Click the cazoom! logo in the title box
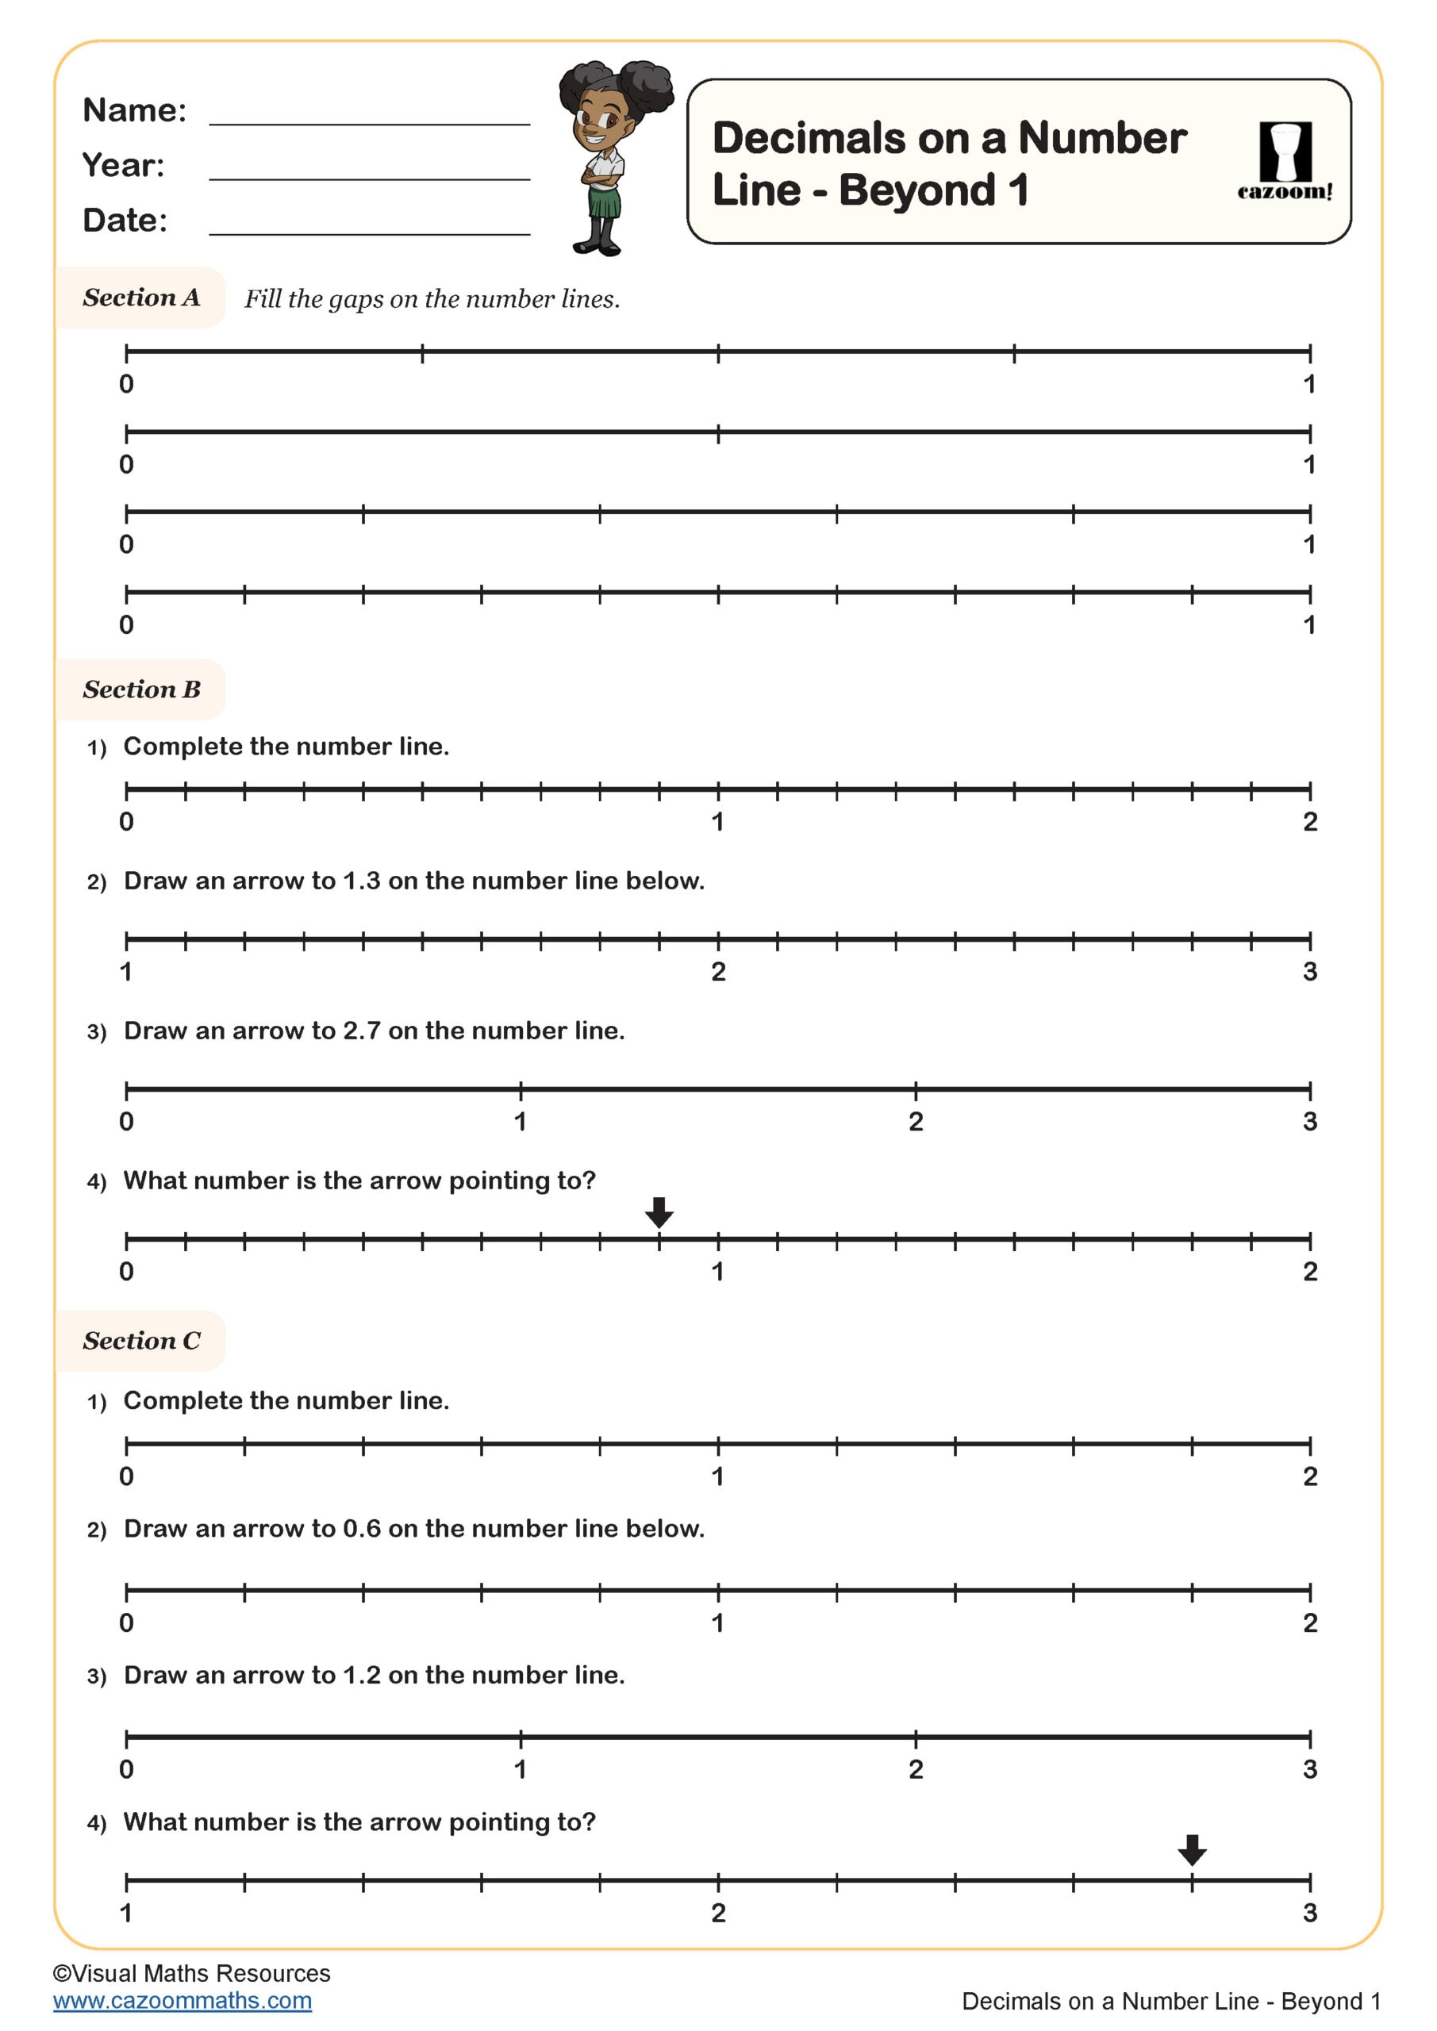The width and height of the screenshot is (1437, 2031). [x=1284, y=161]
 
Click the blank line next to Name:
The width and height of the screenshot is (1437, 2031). [x=369, y=122]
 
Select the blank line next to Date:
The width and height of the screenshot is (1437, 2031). [x=369, y=232]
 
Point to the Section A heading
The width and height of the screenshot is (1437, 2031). [x=141, y=298]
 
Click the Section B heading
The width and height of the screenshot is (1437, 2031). [x=141, y=689]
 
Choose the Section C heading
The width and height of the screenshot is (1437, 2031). [x=141, y=1341]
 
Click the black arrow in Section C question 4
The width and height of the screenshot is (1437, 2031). [x=1192, y=1849]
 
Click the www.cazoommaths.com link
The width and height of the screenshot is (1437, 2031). [x=183, y=2001]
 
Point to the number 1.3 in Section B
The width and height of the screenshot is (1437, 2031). [x=361, y=881]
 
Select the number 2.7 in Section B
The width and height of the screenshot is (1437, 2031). [x=361, y=1031]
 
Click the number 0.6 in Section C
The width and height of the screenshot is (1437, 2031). [x=361, y=1529]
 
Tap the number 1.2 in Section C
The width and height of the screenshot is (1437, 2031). [x=361, y=1676]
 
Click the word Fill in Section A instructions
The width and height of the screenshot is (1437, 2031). [x=262, y=299]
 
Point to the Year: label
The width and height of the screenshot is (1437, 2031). [x=123, y=166]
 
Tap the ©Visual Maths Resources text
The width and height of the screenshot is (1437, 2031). [x=191, y=1974]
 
